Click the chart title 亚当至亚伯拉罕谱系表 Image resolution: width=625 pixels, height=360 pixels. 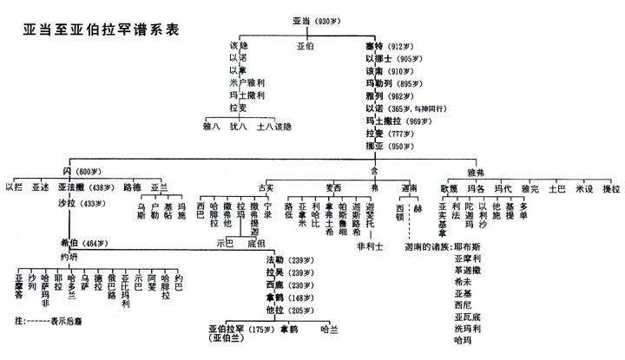(102, 29)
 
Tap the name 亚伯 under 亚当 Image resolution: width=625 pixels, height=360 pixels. (306, 45)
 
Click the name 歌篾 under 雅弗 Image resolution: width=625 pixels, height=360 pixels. (449, 187)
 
